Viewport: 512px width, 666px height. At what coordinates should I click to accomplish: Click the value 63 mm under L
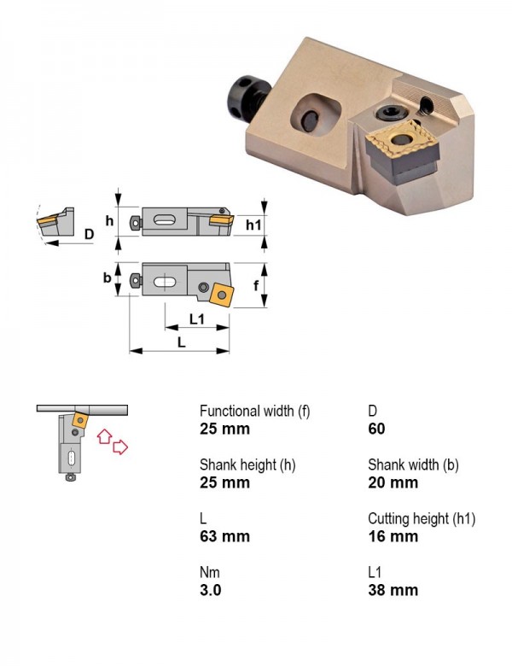(x=224, y=536)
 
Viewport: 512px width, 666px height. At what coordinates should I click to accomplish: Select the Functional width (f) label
(x=255, y=412)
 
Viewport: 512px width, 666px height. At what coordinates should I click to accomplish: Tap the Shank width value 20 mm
(x=393, y=482)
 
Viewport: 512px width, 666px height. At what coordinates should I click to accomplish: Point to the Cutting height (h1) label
(x=422, y=518)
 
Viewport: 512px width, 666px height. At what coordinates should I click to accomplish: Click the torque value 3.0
(x=210, y=590)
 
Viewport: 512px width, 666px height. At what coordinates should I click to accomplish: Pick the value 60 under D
(x=376, y=429)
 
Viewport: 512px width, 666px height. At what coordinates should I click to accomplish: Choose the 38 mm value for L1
(x=393, y=590)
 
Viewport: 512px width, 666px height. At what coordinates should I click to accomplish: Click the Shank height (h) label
(x=247, y=464)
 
